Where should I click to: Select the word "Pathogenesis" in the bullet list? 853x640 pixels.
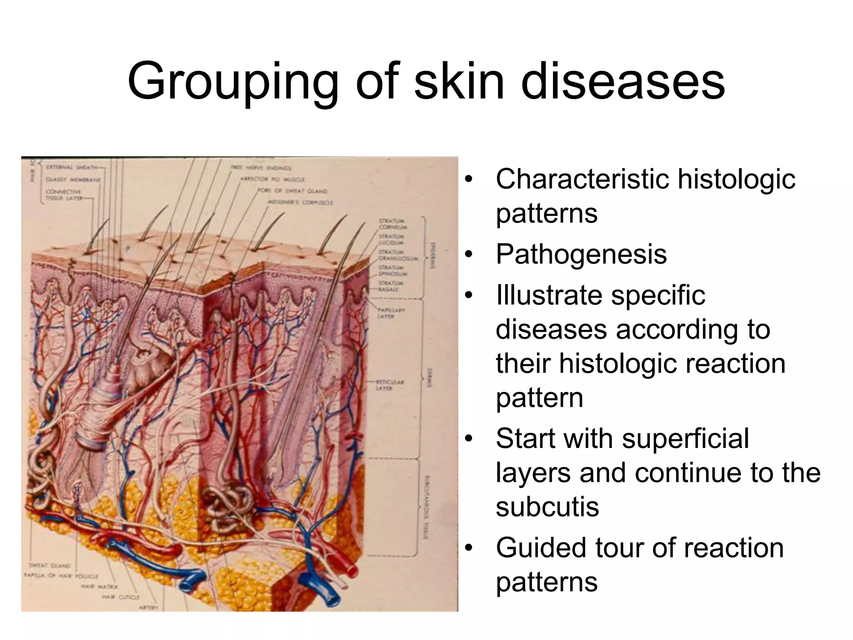(581, 254)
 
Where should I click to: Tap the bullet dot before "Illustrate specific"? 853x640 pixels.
(469, 295)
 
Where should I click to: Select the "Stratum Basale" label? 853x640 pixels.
(389, 286)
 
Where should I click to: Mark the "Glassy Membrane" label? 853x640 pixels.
(73, 180)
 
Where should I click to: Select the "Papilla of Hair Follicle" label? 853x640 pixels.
(61, 576)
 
